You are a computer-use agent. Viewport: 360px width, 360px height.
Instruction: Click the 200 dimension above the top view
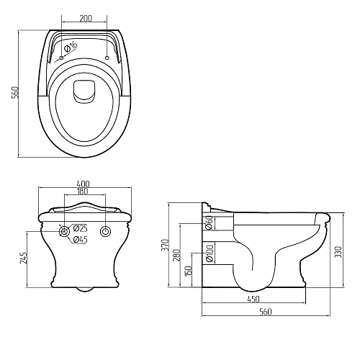(86, 19)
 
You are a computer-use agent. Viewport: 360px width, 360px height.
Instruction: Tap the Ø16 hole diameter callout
(71, 47)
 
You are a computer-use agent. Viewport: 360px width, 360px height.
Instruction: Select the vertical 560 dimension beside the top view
(15, 92)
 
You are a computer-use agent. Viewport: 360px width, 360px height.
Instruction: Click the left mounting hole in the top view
(61, 58)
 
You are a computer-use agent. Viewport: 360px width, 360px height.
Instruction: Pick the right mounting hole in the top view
(107, 58)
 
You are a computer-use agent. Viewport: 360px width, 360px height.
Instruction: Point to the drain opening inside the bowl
(84, 91)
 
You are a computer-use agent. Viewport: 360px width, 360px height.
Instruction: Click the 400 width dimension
(83, 184)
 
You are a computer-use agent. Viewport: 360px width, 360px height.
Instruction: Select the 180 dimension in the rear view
(83, 192)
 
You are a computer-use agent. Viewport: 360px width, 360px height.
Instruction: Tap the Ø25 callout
(80, 228)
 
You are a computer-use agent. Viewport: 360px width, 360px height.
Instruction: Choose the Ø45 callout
(80, 240)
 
